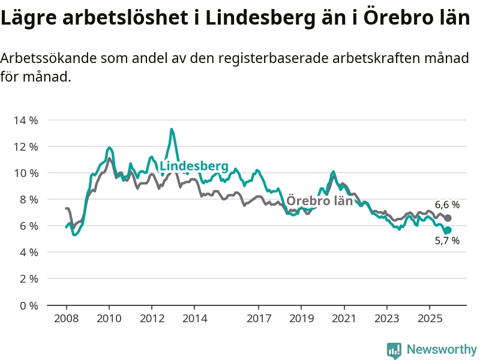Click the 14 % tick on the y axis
[x=25, y=120]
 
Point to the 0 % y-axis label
[x=28, y=305]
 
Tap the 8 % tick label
[x=28, y=199]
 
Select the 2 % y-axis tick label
[x=28, y=279]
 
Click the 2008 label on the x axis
[x=66, y=317]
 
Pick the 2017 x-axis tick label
[x=259, y=317]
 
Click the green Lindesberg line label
[x=194, y=166]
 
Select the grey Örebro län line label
[x=319, y=200]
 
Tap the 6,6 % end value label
[x=447, y=205]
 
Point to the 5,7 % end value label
[x=447, y=241]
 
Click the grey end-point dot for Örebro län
[x=448, y=218]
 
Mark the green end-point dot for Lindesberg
[x=448, y=230]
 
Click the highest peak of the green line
[x=172, y=129]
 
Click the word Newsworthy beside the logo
[x=442, y=349]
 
